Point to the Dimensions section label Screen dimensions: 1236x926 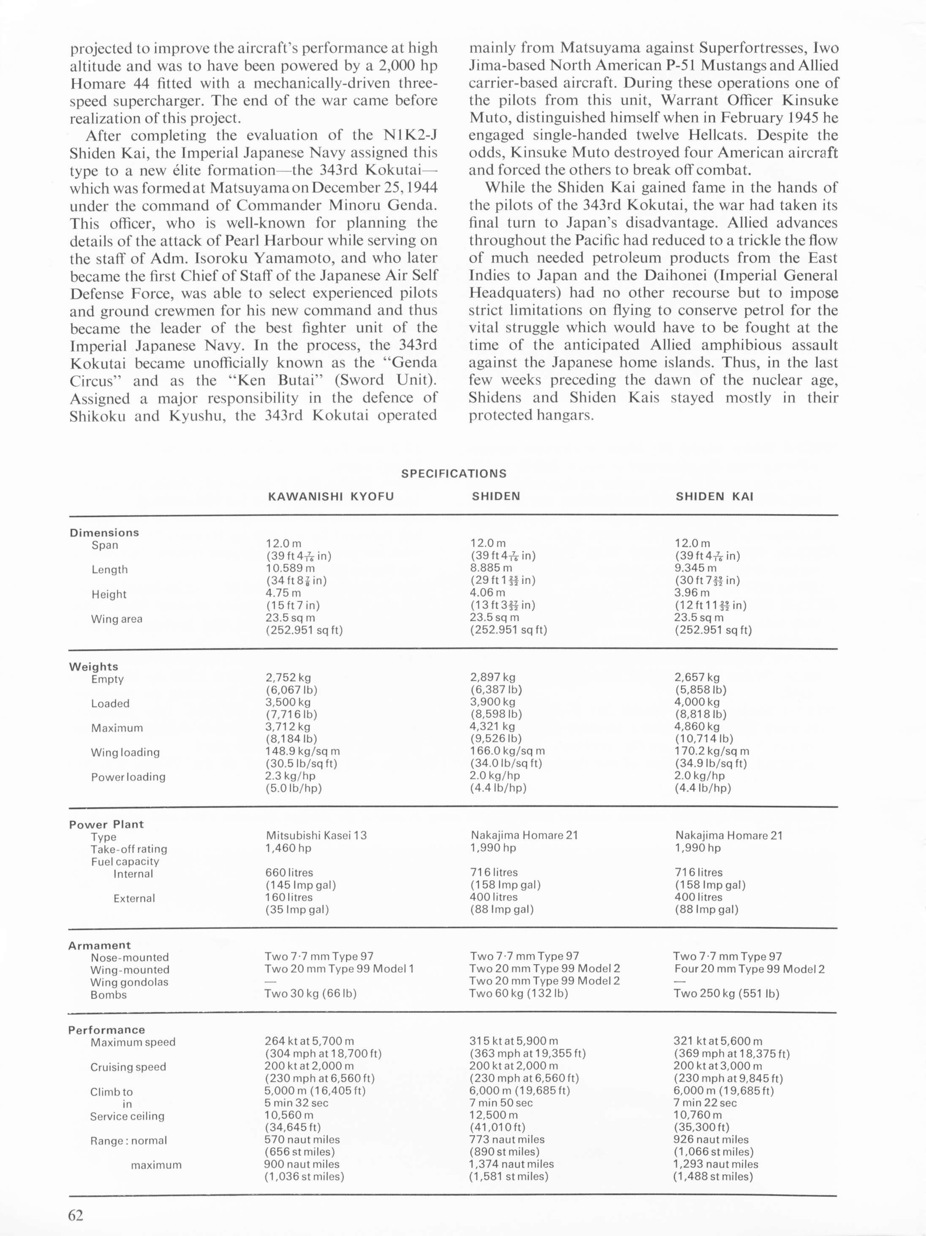(104, 533)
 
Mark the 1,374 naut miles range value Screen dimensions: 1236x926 (511, 1164)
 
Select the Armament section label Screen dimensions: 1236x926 (99, 945)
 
